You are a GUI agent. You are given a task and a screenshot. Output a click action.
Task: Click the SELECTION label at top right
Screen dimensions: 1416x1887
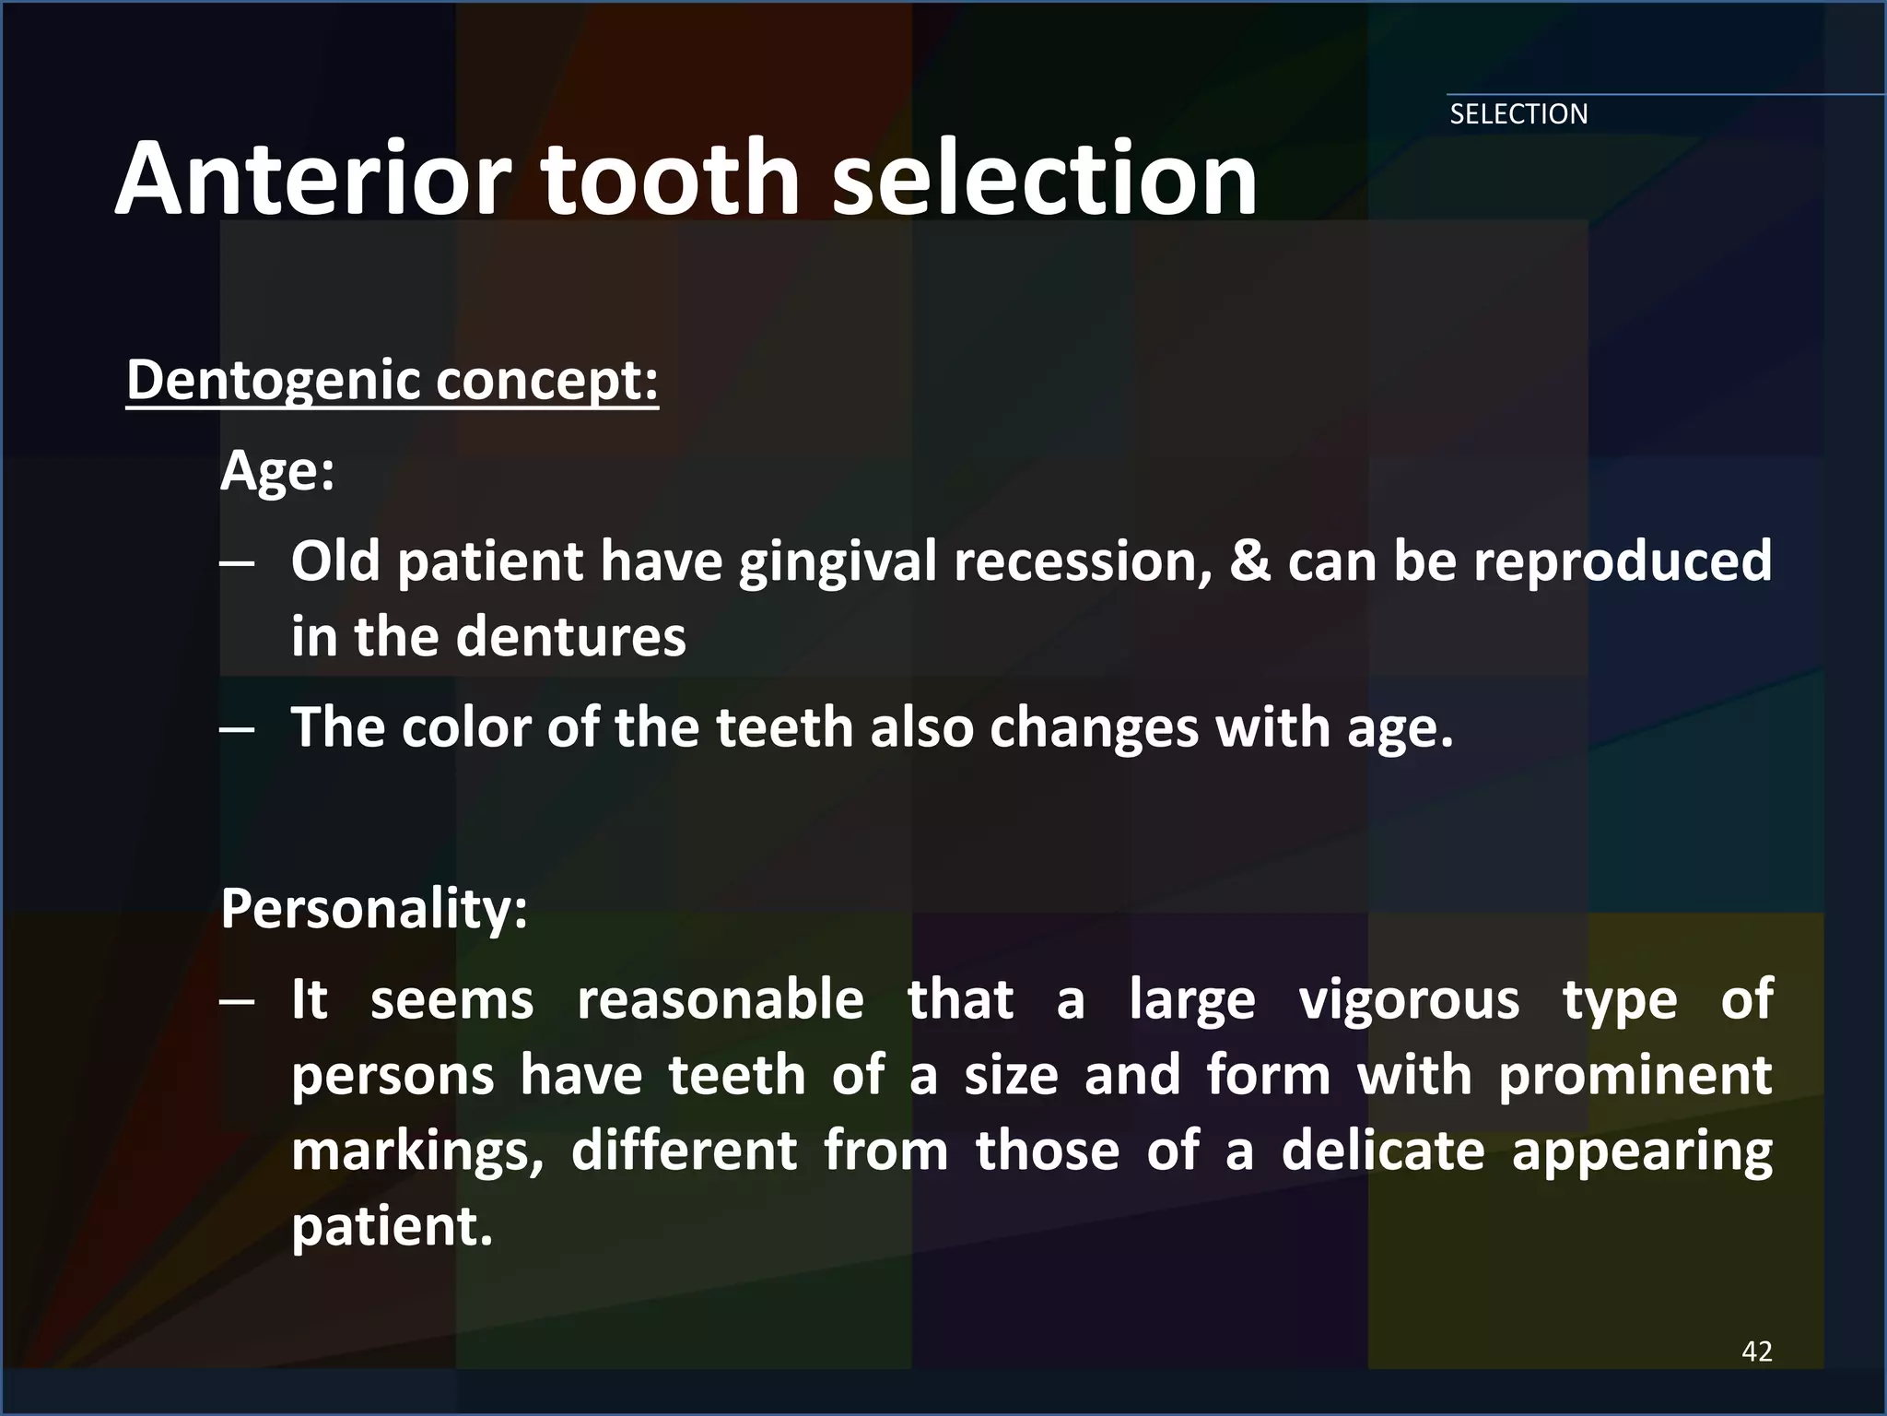[1518, 114]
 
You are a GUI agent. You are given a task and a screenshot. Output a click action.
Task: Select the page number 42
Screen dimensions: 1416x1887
[1756, 1351]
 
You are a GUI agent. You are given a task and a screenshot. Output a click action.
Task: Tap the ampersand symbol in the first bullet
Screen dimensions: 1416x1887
[1248, 560]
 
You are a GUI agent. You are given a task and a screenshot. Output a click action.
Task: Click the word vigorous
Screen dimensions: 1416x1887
[1409, 1000]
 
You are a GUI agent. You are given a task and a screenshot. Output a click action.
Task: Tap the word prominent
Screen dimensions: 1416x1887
[1635, 1076]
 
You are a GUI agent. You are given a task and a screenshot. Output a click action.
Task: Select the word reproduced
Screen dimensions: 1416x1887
[1622, 562]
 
